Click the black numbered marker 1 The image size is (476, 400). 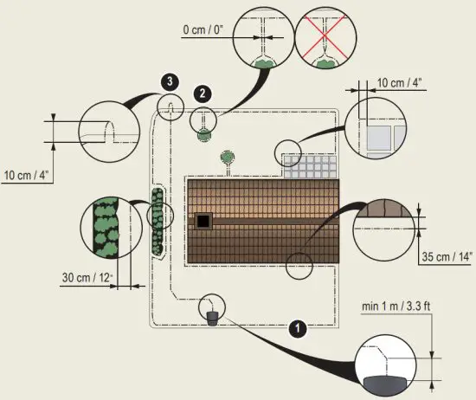tap(298, 328)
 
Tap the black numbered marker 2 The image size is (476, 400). tap(203, 94)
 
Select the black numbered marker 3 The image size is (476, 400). tap(170, 81)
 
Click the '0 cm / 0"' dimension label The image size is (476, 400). tap(203, 29)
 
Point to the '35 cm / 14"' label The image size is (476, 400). tap(447, 257)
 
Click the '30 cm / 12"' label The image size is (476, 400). tap(87, 278)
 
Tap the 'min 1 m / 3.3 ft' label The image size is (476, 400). tap(396, 306)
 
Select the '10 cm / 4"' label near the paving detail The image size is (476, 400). tap(400, 82)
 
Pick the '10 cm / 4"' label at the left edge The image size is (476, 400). tap(27, 175)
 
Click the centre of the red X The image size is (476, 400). tap(325, 35)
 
